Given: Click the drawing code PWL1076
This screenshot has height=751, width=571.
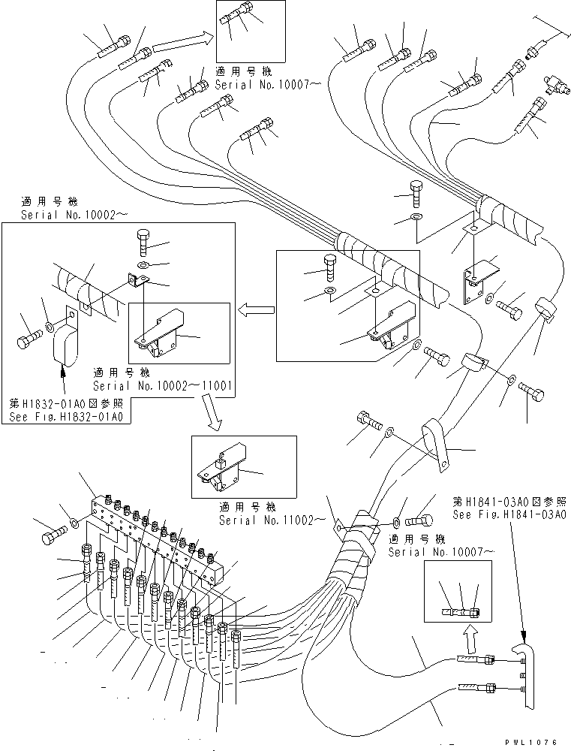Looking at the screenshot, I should (531, 742).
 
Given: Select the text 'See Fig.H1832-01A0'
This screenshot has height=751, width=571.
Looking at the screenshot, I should (65, 418).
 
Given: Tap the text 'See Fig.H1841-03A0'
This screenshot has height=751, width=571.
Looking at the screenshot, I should (509, 514).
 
